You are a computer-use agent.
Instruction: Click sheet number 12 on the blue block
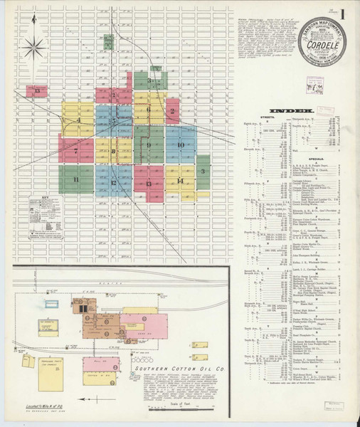pyautogui.click(x=114, y=183)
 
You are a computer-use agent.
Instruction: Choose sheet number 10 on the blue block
pyautogui.click(x=181, y=145)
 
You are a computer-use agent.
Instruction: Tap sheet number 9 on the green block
pyautogui.click(x=149, y=146)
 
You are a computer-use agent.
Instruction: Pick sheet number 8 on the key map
pyautogui.click(x=114, y=151)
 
